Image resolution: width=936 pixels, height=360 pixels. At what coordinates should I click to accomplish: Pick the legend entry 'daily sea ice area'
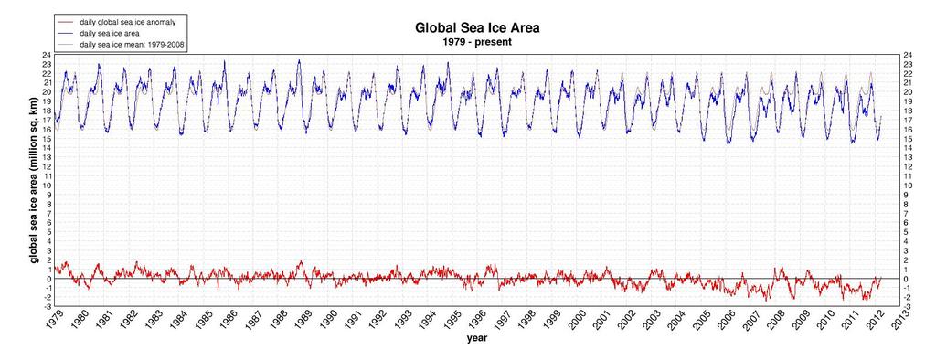(x=107, y=33)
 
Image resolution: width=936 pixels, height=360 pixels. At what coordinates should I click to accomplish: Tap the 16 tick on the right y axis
(x=908, y=130)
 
